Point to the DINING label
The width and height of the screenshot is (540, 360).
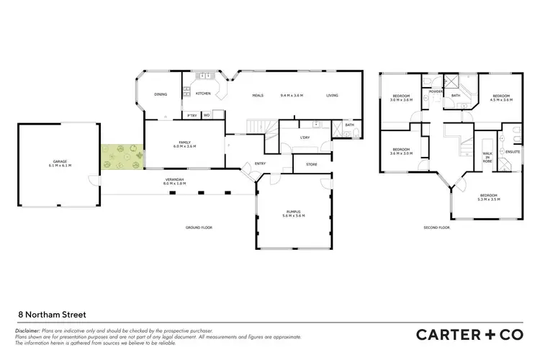[x=161, y=94]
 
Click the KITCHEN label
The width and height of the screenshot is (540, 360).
[x=203, y=94]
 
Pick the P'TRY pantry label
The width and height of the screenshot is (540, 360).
[x=192, y=115]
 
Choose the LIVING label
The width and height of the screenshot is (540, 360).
[x=332, y=96]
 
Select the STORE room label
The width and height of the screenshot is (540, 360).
[x=311, y=165]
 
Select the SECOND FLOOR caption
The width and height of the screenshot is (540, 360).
[x=436, y=228]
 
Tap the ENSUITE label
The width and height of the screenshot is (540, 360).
[x=513, y=153]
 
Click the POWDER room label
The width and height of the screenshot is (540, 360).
[x=436, y=92]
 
